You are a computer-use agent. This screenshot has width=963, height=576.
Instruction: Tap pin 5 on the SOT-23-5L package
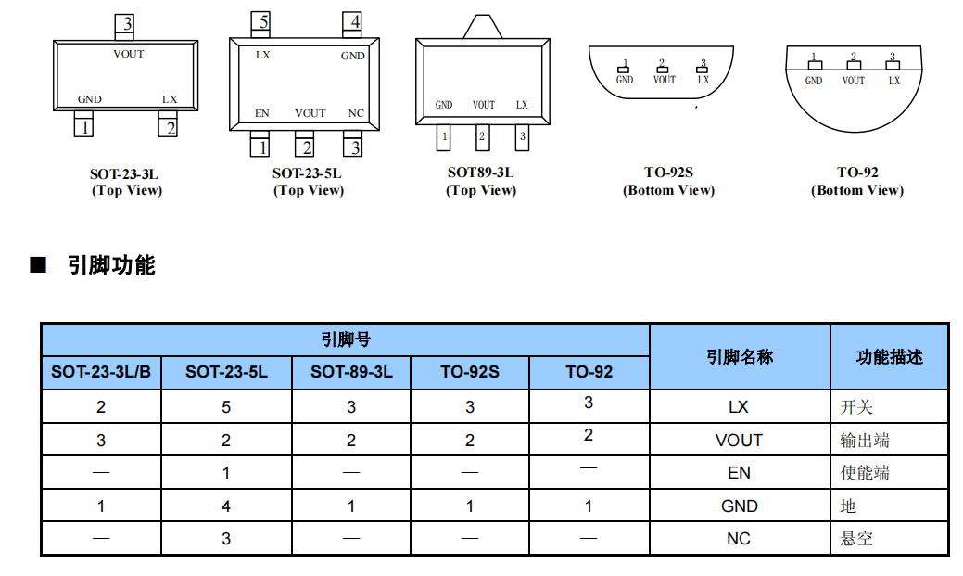tap(263, 22)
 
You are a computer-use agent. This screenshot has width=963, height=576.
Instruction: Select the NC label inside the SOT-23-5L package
tap(355, 113)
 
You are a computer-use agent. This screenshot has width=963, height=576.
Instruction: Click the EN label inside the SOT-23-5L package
tap(262, 113)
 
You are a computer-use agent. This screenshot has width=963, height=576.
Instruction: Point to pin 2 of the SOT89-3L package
tap(482, 138)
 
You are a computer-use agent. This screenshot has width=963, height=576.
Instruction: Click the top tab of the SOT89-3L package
tap(482, 26)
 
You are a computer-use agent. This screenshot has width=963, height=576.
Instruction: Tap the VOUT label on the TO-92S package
tap(664, 80)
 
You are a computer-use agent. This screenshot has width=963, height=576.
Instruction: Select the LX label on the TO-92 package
tap(893, 81)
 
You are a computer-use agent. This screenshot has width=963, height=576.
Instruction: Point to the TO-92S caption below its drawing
tap(668, 173)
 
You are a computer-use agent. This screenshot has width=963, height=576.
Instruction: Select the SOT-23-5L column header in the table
tap(226, 373)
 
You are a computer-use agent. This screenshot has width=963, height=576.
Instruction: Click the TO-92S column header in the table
tap(469, 373)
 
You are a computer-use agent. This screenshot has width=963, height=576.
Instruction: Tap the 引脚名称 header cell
tap(739, 357)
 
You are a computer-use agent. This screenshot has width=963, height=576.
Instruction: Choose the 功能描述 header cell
tap(889, 357)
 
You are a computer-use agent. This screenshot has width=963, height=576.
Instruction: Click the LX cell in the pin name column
tap(739, 407)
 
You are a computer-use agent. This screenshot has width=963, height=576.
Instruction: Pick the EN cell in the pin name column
tap(739, 473)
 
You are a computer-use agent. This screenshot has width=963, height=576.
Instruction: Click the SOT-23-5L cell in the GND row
tap(226, 506)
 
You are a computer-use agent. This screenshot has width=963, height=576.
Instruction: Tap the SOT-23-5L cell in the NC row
tap(226, 539)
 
